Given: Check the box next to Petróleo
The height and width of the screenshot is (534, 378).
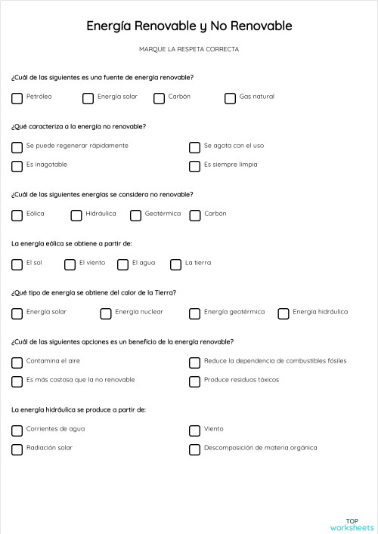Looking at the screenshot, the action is point(17,98).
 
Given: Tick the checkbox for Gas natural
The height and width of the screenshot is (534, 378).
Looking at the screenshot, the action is point(230,98).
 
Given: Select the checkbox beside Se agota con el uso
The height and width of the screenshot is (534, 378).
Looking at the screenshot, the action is point(194,147).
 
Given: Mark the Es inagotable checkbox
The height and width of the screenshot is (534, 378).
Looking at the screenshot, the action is point(17,166).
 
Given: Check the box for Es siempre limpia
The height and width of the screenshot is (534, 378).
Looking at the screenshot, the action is point(194,166).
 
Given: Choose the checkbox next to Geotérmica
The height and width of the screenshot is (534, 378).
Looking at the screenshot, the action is point(136,215).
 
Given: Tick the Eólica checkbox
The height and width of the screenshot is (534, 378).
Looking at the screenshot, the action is point(17,215).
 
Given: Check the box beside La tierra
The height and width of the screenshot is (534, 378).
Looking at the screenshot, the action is point(175,264).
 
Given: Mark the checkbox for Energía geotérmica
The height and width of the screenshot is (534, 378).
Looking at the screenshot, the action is point(194,313).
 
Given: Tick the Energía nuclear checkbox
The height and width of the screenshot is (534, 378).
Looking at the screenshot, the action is point(106,313).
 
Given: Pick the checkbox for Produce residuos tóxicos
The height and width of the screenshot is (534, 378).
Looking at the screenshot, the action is point(194,381).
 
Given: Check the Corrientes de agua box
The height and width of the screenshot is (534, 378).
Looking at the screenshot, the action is point(17,431).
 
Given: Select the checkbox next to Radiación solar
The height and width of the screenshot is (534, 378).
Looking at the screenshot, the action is point(17,449).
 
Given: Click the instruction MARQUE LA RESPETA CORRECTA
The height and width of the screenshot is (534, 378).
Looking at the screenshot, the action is point(189,49).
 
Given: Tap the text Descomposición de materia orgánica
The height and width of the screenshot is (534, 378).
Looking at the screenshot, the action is point(260,448).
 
